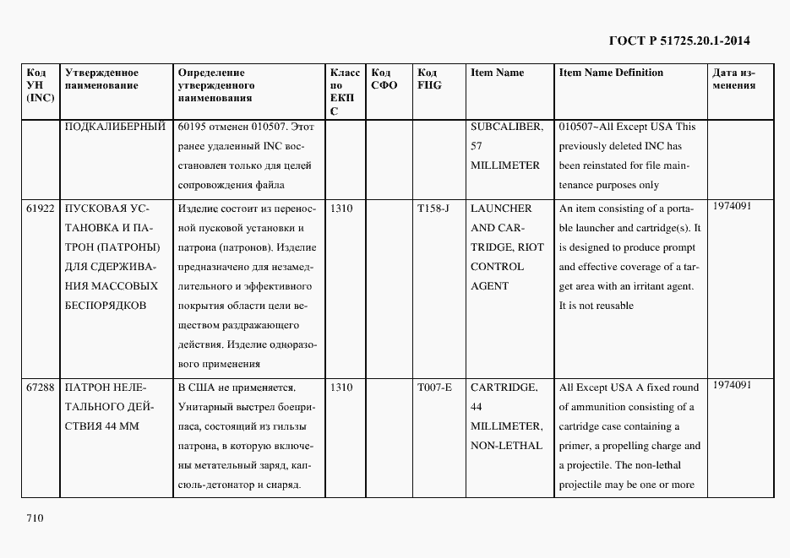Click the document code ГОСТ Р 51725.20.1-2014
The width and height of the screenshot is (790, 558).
[679, 40]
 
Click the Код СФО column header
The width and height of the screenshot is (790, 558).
[384, 79]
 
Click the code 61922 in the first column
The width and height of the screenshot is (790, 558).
[40, 209]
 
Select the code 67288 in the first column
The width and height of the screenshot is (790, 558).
[40, 387]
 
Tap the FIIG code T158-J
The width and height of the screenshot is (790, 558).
[434, 209]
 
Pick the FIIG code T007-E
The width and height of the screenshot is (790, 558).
[434, 387]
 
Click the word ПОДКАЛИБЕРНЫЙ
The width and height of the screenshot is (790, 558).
[114, 127]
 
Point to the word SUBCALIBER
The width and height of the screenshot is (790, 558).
[506, 127]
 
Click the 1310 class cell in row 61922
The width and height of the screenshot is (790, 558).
[342, 209]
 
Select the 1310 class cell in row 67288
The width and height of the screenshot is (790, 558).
[342, 387]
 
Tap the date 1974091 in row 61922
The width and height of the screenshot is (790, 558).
[732, 205]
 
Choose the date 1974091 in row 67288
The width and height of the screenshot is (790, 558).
[732, 385]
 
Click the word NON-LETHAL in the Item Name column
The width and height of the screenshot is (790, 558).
[506, 446]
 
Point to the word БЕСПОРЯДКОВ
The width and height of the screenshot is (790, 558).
[105, 306]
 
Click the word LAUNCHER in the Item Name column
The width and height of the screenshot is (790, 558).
[501, 209]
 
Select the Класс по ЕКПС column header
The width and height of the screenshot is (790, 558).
[345, 91]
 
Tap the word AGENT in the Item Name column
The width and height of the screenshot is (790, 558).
[489, 286]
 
